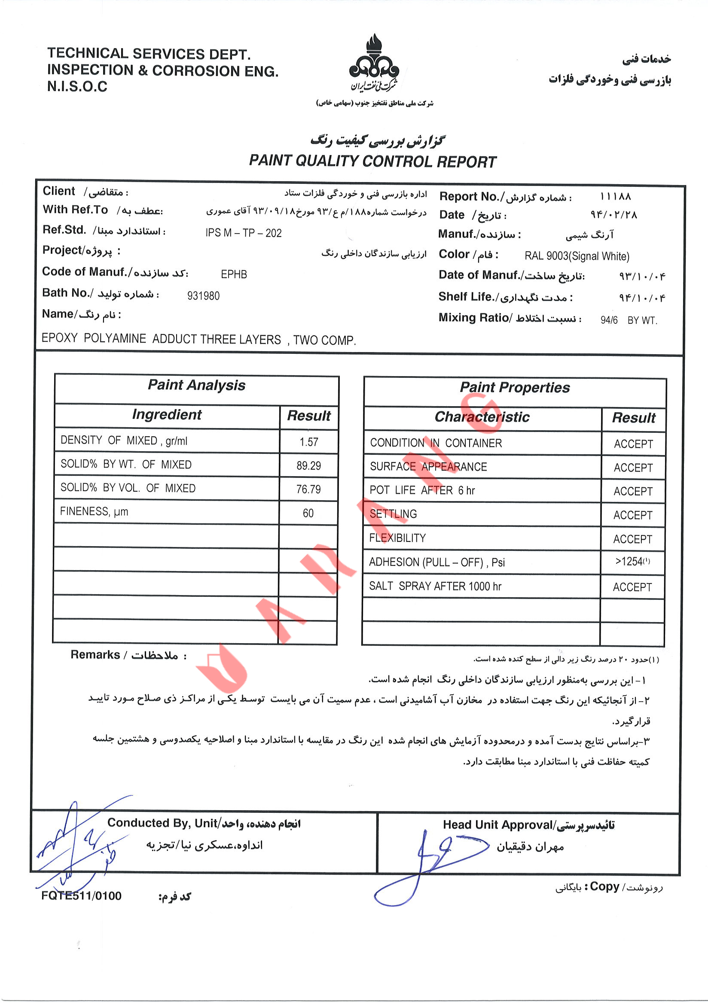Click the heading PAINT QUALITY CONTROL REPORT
coord(372,161)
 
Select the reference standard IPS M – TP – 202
coord(244,233)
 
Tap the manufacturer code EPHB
coord(234,274)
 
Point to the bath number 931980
coord(203,296)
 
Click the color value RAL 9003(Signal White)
coord(577,256)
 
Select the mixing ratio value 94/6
coord(609,320)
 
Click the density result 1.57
coord(308,442)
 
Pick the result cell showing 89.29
coord(308,466)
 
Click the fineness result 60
coord(308,513)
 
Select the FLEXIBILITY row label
coord(397,538)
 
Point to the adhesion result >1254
coord(632,561)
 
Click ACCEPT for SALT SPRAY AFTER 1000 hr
coord(632,587)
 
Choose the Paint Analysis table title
coord(196,385)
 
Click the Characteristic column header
coord(482,417)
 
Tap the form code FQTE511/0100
coord(81,896)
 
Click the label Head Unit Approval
coord(497,825)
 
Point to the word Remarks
coord(95,655)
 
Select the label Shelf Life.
coord(465,297)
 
